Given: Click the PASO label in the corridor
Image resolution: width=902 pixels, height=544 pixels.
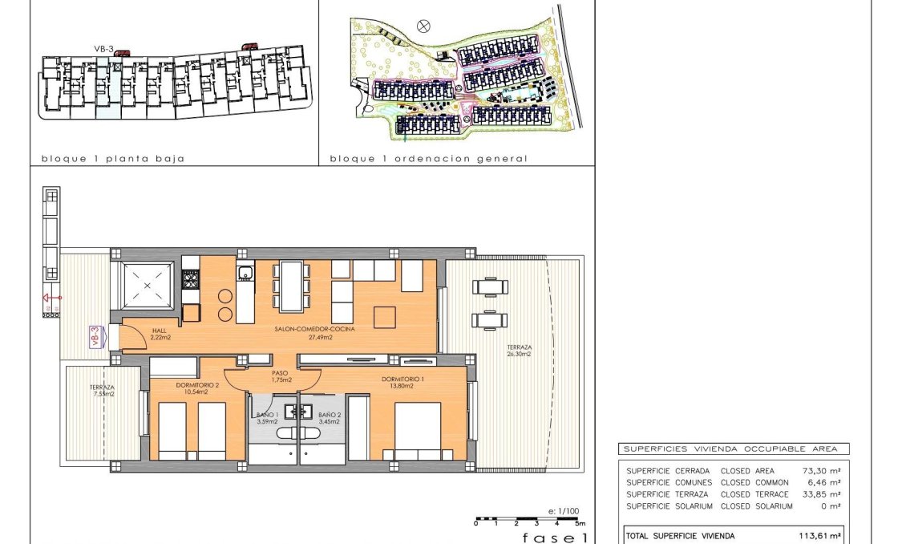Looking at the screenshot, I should click(x=280, y=372).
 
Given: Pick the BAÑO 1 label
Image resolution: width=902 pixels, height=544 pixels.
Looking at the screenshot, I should click(x=266, y=414).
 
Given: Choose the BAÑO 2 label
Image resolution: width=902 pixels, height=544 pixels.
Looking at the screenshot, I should click(x=330, y=414).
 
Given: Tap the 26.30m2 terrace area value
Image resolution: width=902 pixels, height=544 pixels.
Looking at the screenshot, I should click(x=519, y=353).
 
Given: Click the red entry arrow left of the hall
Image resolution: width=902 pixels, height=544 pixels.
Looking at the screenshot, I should click(x=52, y=298).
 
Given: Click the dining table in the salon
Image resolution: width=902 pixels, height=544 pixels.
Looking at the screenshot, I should click(x=291, y=285).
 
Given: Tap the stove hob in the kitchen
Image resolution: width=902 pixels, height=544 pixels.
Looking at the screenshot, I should click(x=190, y=280).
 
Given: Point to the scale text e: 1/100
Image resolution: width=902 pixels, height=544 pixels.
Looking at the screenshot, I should click(x=564, y=510).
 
